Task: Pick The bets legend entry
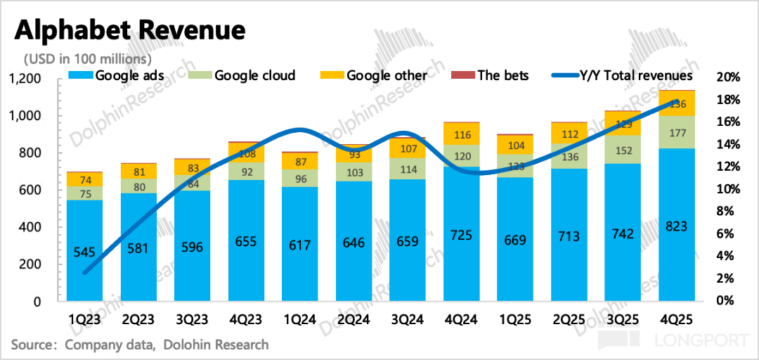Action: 503,75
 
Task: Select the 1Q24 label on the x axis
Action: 301,319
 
